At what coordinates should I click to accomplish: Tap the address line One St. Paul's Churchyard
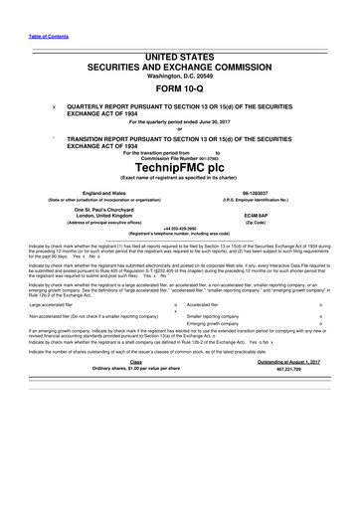[102, 235]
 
